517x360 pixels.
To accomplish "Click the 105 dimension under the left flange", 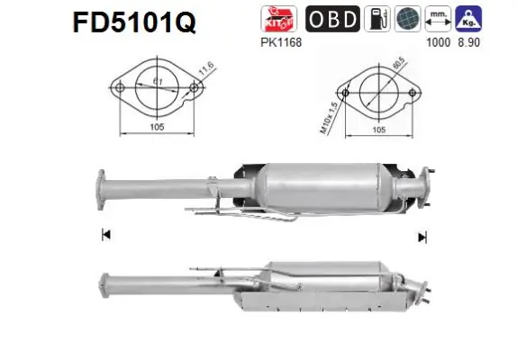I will tap(155, 128).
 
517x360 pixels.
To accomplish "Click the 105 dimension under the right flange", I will tap(379, 130).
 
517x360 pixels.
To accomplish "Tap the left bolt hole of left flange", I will tap(117, 87).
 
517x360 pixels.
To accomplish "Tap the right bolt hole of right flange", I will tap(414, 92).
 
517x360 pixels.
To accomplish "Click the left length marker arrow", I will tap(106, 236).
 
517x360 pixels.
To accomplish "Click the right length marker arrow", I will tap(421, 237).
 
